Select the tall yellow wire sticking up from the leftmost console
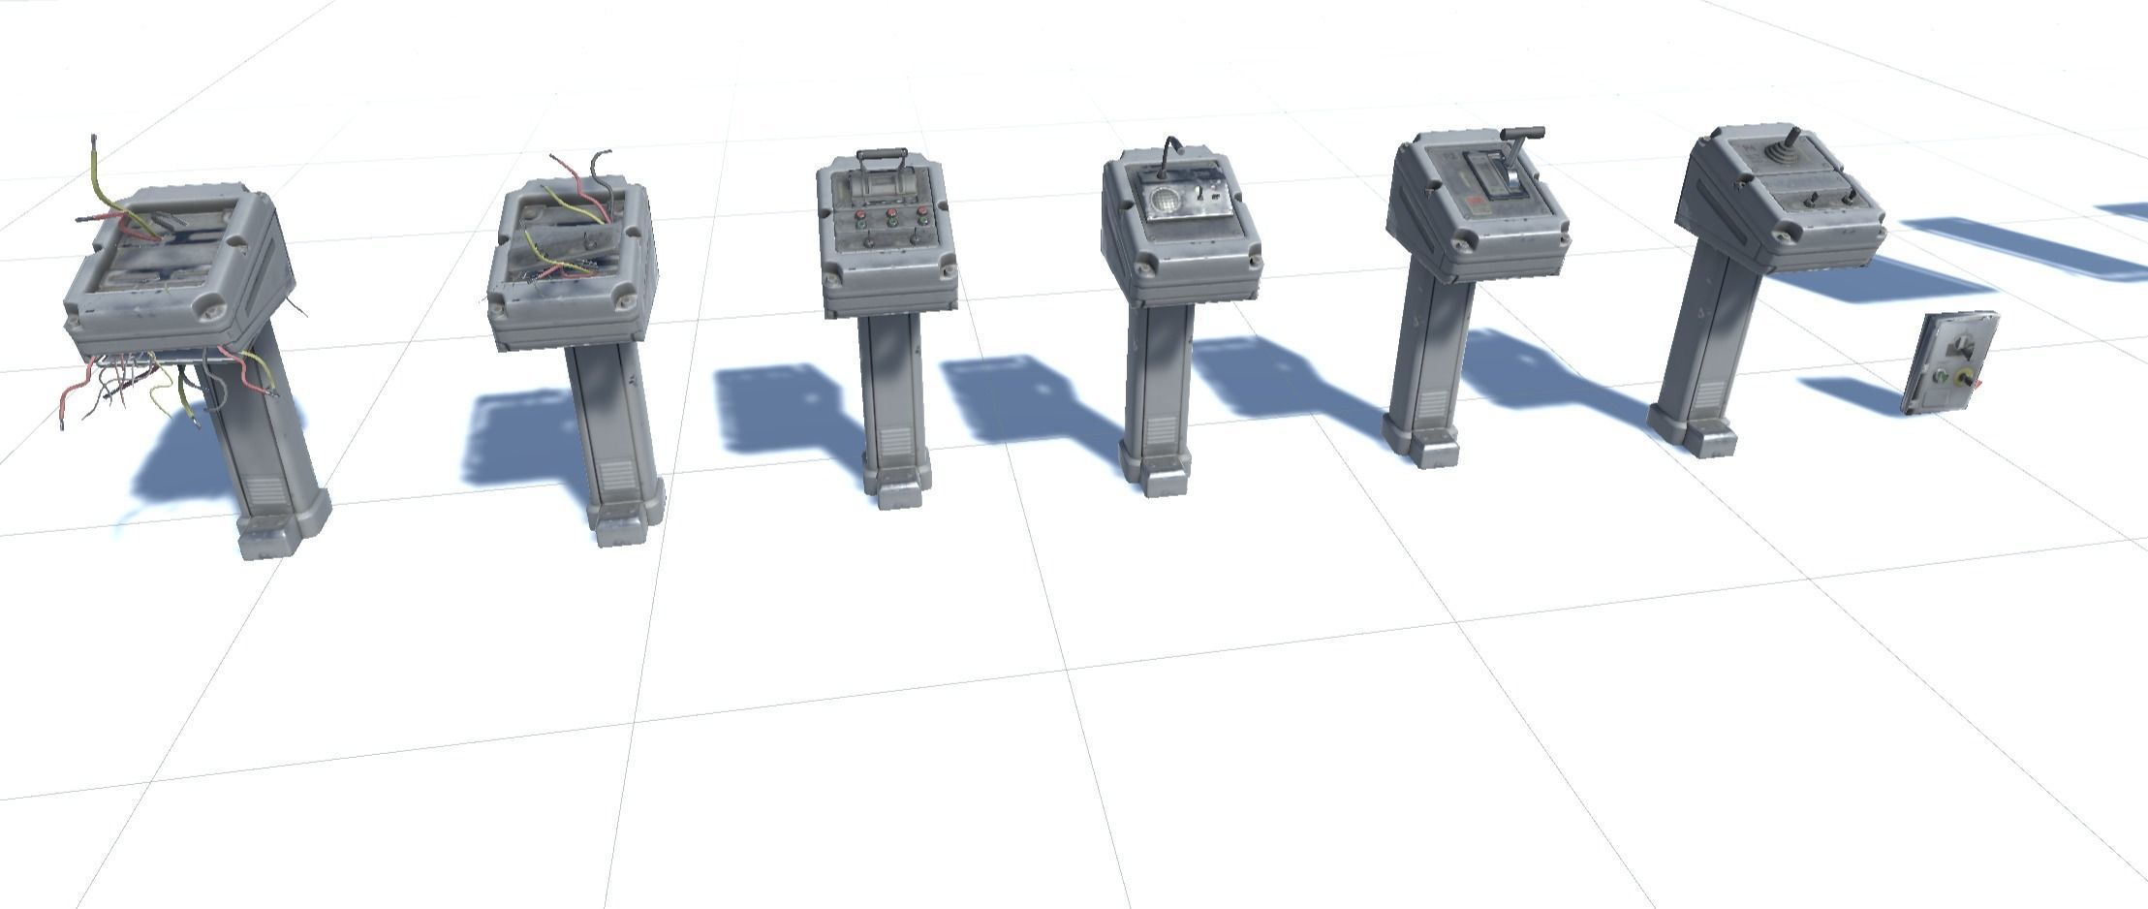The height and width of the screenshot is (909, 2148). pos(97,174)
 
